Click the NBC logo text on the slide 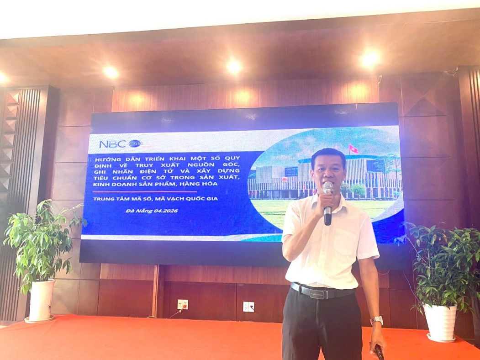[112, 144]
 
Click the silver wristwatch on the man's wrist [377, 320]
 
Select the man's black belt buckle [319, 293]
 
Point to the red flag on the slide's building [353, 149]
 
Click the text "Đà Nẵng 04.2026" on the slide [152, 211]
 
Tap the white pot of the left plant [42, 300]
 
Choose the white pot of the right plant [439, 322]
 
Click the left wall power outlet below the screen [182, 304]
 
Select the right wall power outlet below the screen [248, 306]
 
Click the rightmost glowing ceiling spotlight [369, 59]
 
